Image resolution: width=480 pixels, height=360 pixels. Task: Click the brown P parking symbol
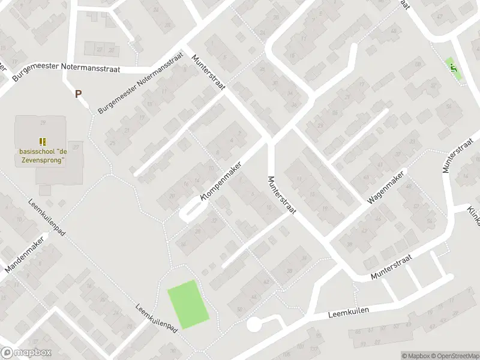78,93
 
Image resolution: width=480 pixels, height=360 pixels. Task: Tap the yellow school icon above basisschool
42,142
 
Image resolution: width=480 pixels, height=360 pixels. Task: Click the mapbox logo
26,353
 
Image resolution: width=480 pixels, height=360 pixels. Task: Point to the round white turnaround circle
254,325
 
